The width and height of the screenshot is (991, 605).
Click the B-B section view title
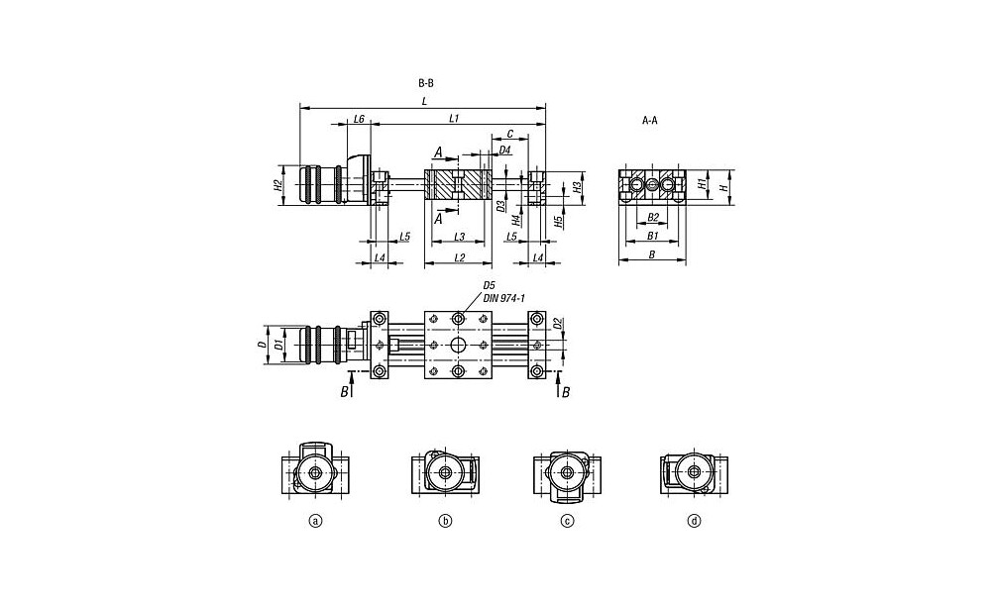(x=426, y=83)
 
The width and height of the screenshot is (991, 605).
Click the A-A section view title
(x=650, y=120)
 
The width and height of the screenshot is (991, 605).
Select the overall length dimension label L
(x=424, y=101)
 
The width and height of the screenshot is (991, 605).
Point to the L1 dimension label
(x=454, y=118)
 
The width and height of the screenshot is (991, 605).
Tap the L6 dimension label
(x=359, y=118)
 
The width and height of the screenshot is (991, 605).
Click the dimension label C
(x=510, y=134)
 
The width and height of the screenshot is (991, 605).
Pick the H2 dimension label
(x=276, y=185)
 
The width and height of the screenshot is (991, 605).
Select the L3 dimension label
(x=460, y=237)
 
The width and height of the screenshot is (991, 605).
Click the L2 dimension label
(x=460, y=257)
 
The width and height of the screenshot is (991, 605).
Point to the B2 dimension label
(x=653, y=217)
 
